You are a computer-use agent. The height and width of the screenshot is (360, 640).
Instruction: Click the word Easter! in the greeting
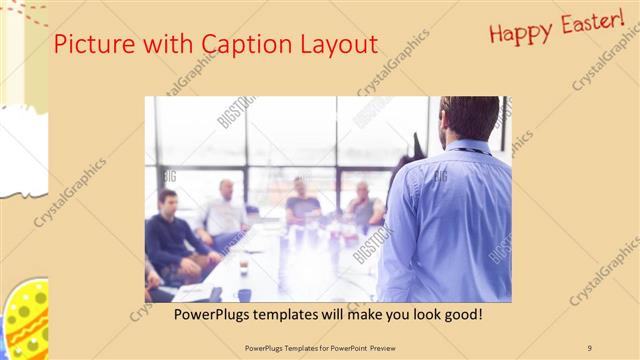point(591,23)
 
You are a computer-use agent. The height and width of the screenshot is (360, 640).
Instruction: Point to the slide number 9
point(590,347)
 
